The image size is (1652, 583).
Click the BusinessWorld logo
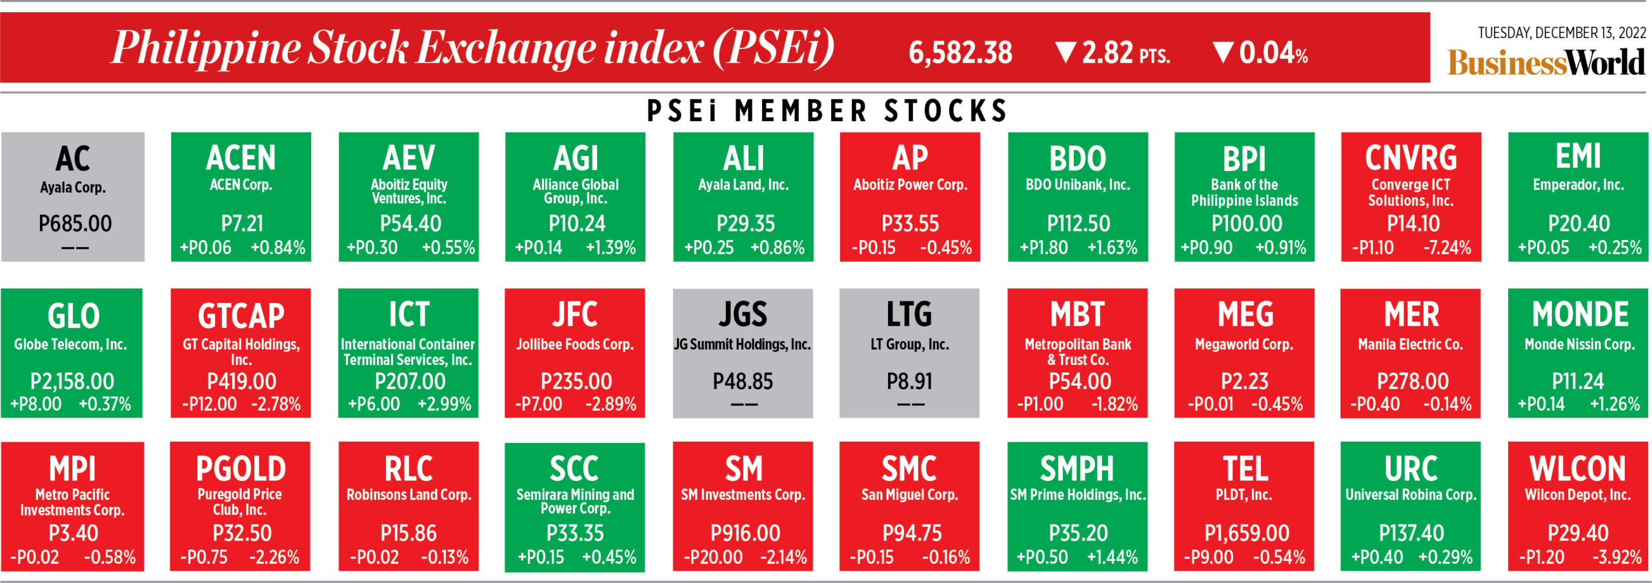1546,63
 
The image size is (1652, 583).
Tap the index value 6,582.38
960,53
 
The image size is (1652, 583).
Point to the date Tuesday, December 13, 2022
1562,33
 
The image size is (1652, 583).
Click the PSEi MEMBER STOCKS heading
827,111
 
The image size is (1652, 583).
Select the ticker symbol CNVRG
1411,158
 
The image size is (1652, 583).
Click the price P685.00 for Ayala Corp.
75,224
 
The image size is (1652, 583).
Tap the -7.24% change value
1447,248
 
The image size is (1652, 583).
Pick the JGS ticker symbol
743,315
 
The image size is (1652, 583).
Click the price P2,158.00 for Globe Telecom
72,382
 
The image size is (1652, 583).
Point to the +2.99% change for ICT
444,404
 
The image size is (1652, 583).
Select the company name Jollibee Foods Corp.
574,344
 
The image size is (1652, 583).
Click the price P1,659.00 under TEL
1246,533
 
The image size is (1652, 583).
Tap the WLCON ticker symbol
1577,469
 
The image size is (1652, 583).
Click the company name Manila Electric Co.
1410,344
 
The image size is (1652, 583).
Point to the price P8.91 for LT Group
909,382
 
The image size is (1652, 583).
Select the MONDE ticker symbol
1580,315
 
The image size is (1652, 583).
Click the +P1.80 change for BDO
1043,248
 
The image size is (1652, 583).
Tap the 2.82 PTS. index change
1125,53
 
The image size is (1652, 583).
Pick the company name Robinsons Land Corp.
408,495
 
